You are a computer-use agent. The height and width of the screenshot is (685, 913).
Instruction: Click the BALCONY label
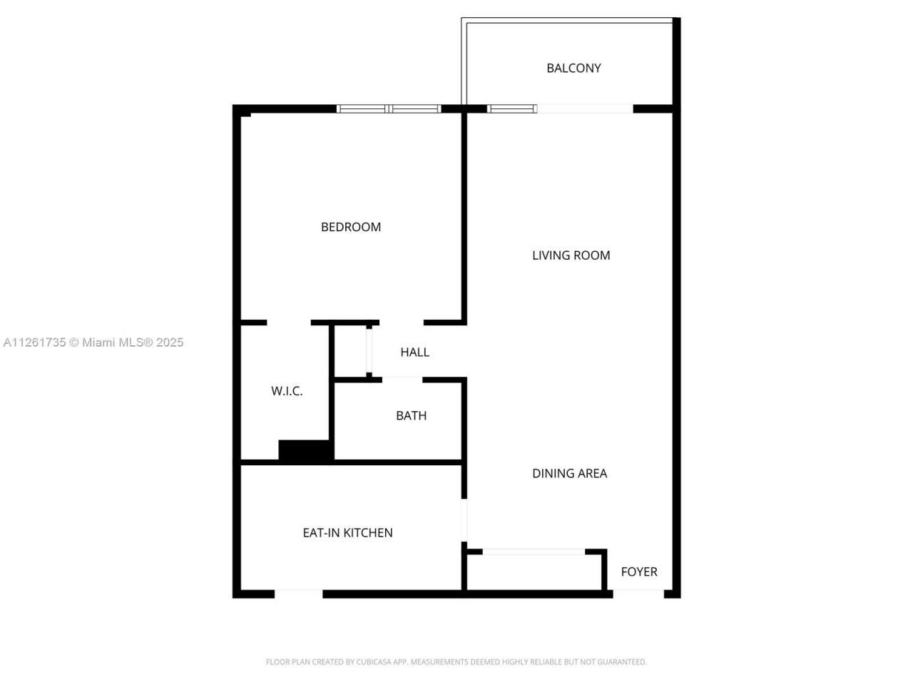click(x=573, y=68)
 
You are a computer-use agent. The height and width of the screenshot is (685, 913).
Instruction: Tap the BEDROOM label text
click(x=351, y=227)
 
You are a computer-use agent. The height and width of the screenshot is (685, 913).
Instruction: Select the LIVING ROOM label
click(x=571, y=255)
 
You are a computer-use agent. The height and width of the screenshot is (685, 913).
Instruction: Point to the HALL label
click(x=414, y=352)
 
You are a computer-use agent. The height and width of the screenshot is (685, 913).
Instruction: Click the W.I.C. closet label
click(x=287, y=391)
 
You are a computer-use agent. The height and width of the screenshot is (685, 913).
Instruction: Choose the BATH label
click(x=411, y=415)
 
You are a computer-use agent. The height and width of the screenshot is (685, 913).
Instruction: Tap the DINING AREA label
click(x=569, y=473)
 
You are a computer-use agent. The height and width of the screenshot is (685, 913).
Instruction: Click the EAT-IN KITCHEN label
click(x=347, y=532)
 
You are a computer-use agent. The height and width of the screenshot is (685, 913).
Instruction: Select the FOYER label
click(x=638, y=572)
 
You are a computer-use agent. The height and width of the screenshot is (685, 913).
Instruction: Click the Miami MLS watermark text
click(x=93, y=342)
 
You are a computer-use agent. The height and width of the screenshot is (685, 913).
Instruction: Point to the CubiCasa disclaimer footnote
click(x=456, y=662)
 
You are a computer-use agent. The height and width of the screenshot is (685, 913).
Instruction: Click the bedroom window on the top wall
click(x=389, y=109)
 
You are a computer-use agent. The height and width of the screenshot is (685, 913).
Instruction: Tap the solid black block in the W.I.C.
click(x=305, y=451)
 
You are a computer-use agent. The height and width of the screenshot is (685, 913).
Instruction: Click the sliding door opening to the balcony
click(x=585, y=109)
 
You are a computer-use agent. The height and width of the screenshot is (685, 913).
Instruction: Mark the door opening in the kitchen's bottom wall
click(x=298, y=593)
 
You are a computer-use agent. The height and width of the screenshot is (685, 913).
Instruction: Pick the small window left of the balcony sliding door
click(x=511, y=109)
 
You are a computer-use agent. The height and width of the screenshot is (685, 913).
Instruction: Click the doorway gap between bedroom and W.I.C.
click(x=289, y=323)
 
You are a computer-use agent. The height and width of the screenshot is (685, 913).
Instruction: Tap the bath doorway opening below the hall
click(x=403, y=379)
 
